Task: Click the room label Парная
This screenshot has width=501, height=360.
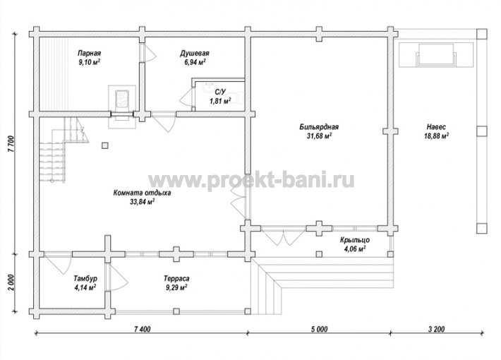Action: pyautogui.click(x=90, y=53)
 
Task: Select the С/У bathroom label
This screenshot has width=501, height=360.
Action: pyautogui.click(x=220, y=92)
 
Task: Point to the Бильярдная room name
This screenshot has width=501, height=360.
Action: pyautogui.click(x=319, y=127)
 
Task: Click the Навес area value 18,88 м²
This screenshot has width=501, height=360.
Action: pyautogui.click(x=436, y=136)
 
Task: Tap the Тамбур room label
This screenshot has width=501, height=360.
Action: pyautogui.click(x=85, y=279)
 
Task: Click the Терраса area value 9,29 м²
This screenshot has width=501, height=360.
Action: pyautogui.click(x=176, y=287)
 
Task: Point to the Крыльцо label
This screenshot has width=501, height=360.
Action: pyautogui.click(x=355, y=239)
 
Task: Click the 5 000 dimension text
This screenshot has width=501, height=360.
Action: pyautogui.click(x=319, y=329)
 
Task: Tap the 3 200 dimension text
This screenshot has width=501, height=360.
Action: pyautogui.click(x=436, y=329)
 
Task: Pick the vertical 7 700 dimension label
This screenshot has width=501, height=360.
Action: pyautogui.click(x=11, y=143)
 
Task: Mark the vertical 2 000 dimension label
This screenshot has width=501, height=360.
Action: pyautogui.click(x=11, y=282)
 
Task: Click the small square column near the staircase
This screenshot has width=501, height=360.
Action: pyautogui.click(x=105, y=145)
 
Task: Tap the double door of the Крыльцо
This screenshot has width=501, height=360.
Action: pyautogui.click(x=283, y=236)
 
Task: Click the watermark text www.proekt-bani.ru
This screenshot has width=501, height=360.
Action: pyautogui.click(x=251, y=180)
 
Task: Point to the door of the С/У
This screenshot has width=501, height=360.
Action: pyautogui.click(x=186, y=97)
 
